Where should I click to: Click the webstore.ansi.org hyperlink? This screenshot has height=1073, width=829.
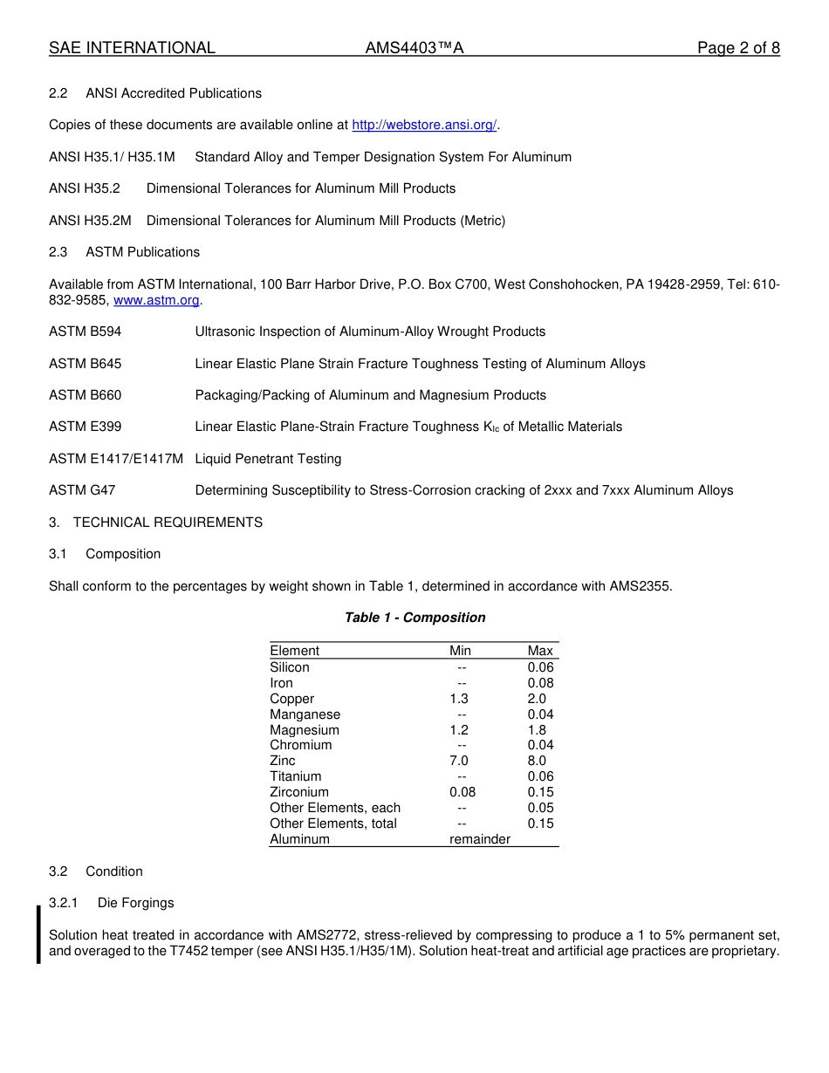point(424,126)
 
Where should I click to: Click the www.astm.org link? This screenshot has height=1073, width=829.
point(157,300)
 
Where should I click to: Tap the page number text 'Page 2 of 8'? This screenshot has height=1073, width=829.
point(738,48)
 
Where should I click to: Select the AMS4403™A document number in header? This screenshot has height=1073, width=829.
point(414,48)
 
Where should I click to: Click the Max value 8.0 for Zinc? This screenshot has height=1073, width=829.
point(537,761)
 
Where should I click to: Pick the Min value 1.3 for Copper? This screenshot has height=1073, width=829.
point(459,699)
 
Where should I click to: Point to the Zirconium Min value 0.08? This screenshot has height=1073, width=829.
point(462,792)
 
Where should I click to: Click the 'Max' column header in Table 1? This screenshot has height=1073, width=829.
point(540,651)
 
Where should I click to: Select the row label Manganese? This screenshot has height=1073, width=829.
point(305,714)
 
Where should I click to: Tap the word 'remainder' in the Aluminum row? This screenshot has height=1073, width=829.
point(479,839)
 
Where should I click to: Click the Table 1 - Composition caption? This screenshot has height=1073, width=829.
point(414,618)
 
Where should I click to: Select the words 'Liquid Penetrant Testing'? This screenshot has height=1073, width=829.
point(268,459)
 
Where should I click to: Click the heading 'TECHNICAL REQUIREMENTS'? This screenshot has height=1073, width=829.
point(168,523)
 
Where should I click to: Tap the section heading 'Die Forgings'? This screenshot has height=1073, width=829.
point(135,903)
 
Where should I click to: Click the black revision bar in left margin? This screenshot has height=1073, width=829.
point(38,934)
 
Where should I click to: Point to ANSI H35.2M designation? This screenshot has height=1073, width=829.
point(90,221)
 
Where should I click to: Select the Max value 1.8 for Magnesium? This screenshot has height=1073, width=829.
point(537,730)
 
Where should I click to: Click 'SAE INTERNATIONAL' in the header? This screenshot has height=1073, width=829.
point(132,48)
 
